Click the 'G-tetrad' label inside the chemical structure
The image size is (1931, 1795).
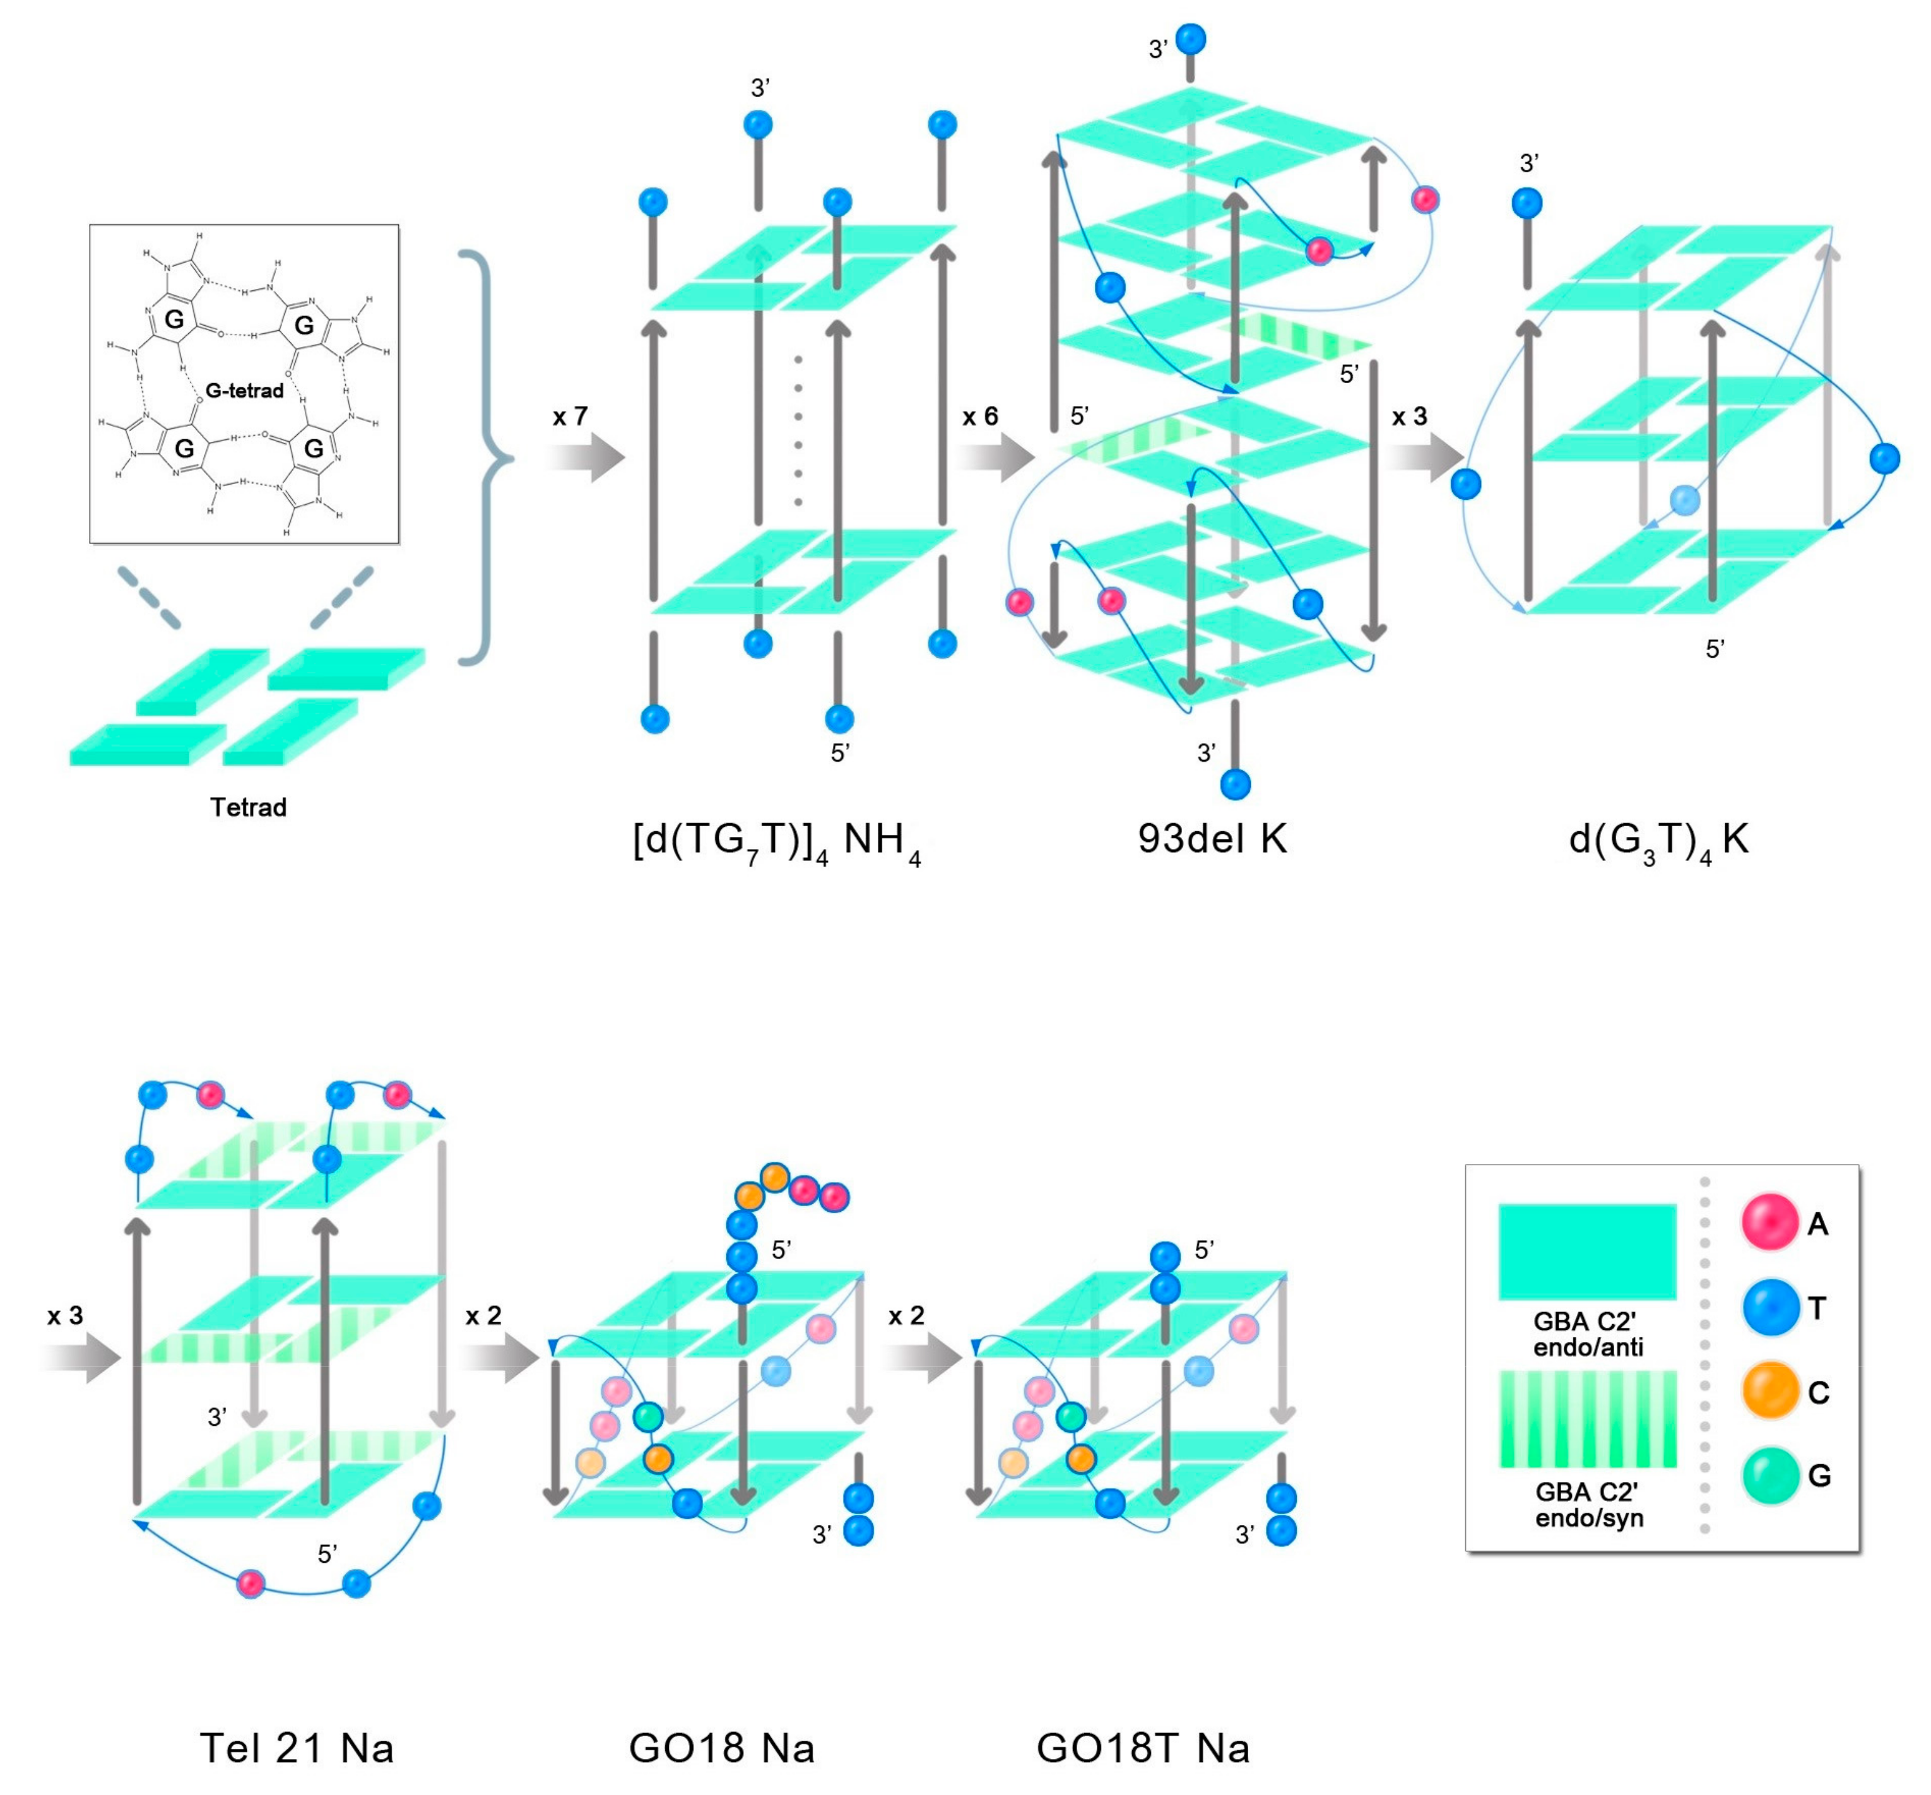point(244,391)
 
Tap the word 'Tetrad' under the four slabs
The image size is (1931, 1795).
point(248,807)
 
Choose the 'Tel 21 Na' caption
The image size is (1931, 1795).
point(297,1748)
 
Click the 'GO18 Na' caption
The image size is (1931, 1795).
point(722,1748)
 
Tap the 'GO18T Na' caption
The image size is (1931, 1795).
point(1143,1748)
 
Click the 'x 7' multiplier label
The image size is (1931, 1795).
point(570,417)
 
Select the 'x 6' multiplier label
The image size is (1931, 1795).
point(980,417)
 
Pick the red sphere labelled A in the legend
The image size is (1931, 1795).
point(1769,1222)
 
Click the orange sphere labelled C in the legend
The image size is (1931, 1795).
point(1769,1391)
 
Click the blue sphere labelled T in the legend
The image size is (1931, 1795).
point(1769,1307)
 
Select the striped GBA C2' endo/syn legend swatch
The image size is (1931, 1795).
point(1587,1418)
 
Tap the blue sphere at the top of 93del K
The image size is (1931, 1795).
point(1191,39)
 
